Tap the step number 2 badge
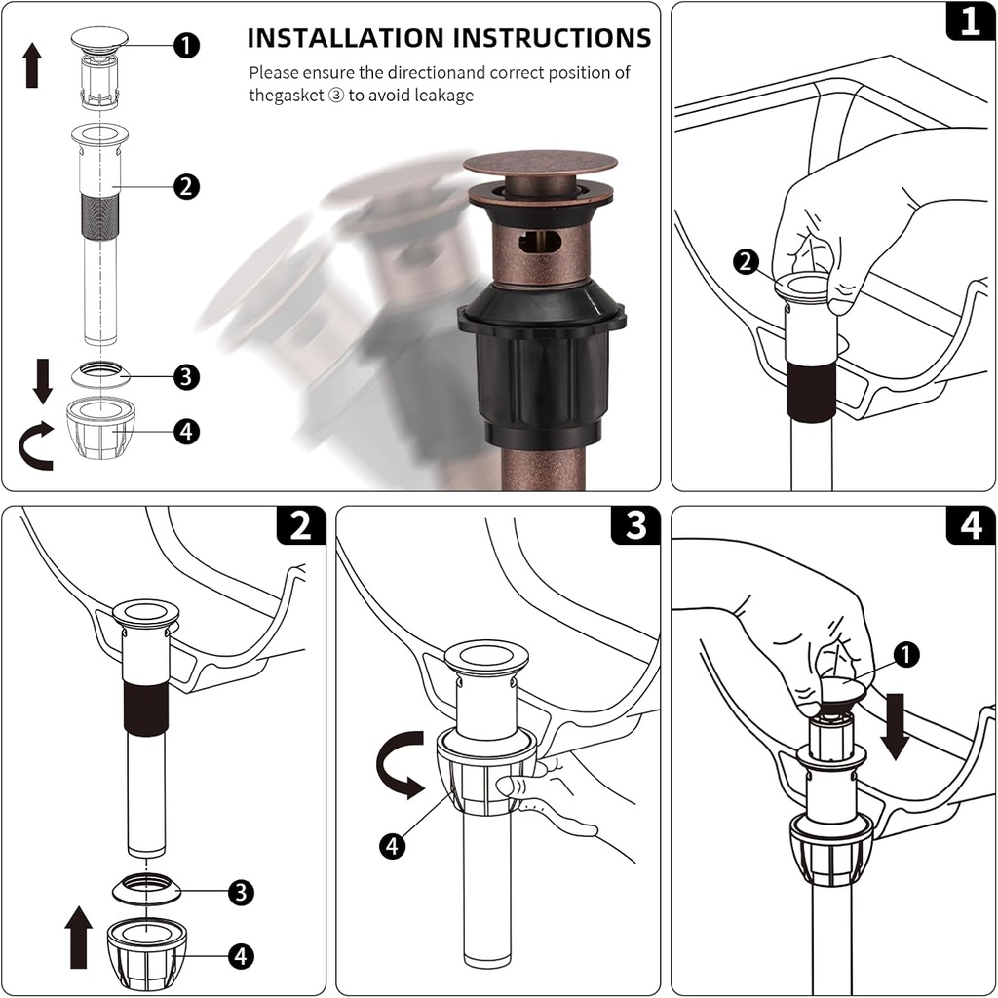[x=301, y=527]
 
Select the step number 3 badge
[x=635, y=527]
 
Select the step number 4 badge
[x=970, y=527]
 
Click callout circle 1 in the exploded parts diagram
[x=186, y=45]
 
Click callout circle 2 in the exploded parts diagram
[x=186, y=186]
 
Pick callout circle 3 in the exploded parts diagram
[x=186, y=376]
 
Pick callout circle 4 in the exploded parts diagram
[x=186, y=430]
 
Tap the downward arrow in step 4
[x=894, y=730]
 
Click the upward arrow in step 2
[x=80, y=937]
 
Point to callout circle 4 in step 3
[x=392, y=847]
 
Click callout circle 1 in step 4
[x=906, y=656]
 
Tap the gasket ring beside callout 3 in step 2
[x=146, y=888]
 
